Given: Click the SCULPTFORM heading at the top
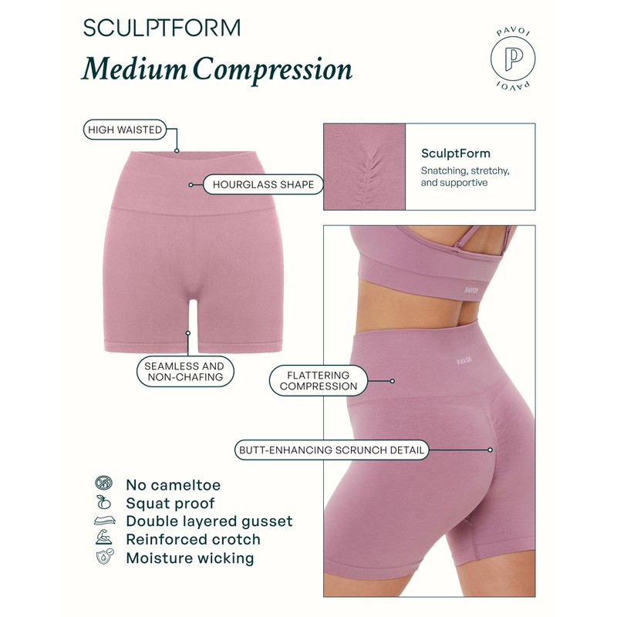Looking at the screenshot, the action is pyautogui.click(x=161, y=28).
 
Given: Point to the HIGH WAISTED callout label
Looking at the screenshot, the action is pyautogui.click(x=125, y=130).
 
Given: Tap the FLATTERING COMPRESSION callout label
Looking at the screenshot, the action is pyautogui.click(x=319, y=380).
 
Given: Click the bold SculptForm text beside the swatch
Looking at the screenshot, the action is pyautogui.click(x=456, y=153).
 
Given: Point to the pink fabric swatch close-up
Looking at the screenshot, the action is pyautogui.click(x=364, y=167).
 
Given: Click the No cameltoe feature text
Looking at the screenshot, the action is pyautogui.click(x=173, y=485).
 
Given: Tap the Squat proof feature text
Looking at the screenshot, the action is pyautogui.click(x=171, y=503).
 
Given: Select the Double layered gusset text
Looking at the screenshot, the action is pyautogui.click(x=209, y=521).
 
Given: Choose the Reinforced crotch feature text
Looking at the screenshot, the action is pyautogui.click(x=193, y=540).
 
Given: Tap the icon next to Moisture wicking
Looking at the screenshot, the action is pyautogui.click(x=103, y=558).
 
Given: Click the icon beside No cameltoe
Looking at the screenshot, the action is pyautogui.click(x=103, y=484).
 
